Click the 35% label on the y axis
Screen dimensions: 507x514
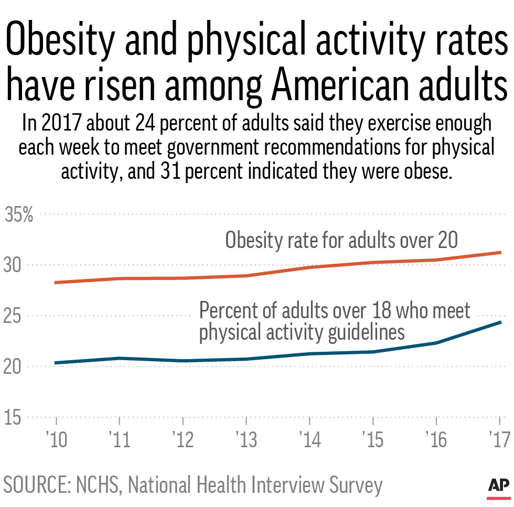[19, 215]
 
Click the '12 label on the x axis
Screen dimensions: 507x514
[183, 440]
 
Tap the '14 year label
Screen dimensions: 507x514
[309, 440]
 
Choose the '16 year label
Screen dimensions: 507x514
[436, 440]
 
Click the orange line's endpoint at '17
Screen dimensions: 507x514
[500, 252]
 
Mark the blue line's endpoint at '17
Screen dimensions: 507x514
[500, 322]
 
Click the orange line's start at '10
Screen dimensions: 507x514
[56, 283]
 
